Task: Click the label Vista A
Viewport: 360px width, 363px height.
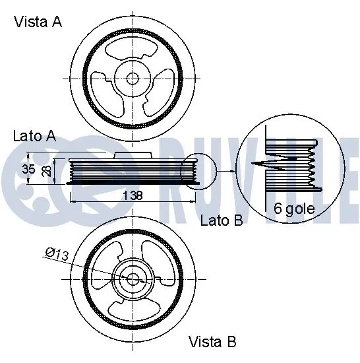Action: point(38,22)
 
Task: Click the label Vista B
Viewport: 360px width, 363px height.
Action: point(212,341)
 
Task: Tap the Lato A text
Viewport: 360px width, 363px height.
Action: point(34,137)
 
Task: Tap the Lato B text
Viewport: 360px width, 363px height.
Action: point(222,220)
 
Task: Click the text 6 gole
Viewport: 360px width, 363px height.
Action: point(294,209)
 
